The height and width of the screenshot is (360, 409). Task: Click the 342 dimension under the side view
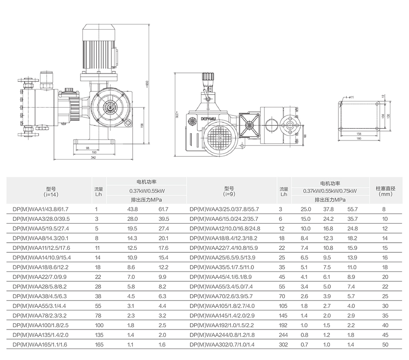coord(93,158)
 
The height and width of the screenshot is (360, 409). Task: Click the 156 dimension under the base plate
coord(359,134)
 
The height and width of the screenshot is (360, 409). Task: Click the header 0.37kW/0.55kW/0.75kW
coord(330,191)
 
